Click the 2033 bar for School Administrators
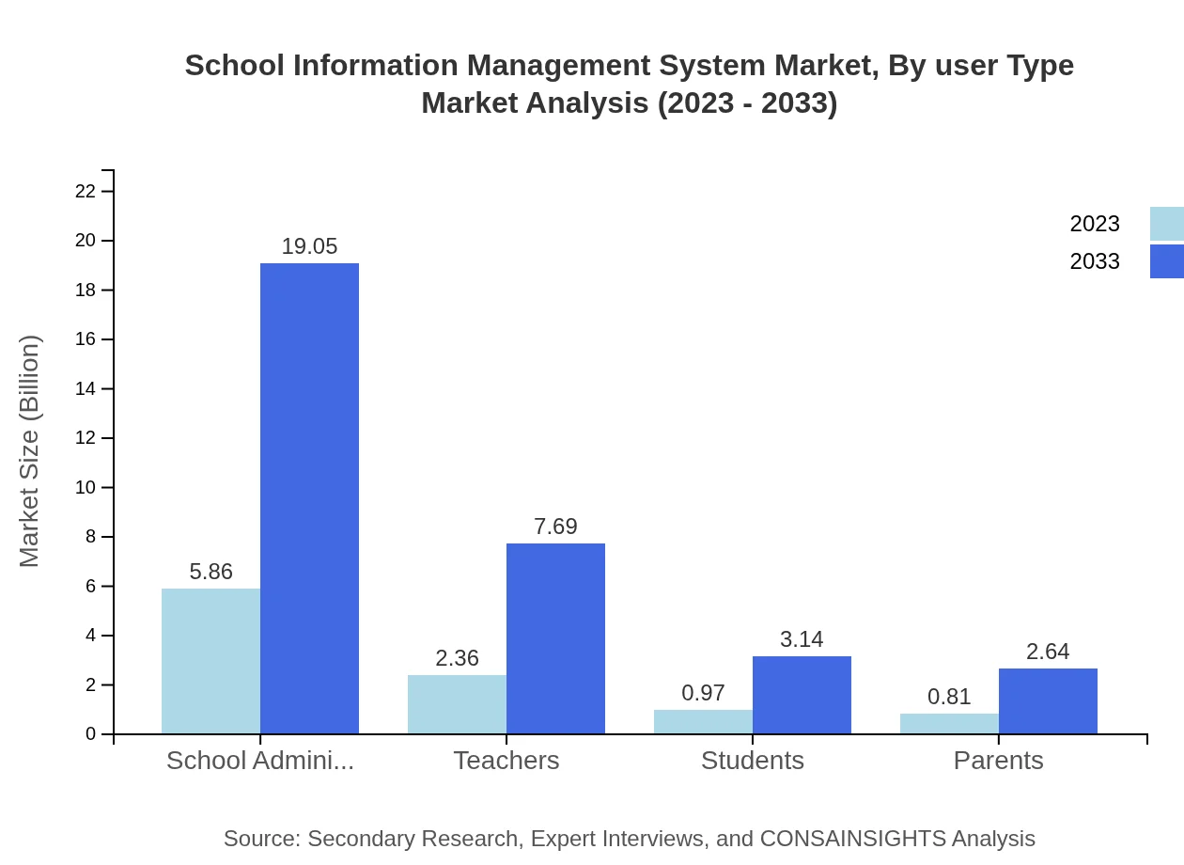coord(309,498)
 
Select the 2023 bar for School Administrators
coord(210,661)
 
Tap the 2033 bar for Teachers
coord(555,638)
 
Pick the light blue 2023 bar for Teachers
coord(457,704)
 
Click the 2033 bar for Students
coord(802,695)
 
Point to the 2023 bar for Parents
coord(949,724)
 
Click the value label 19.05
coord(309,246)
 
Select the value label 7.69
coord(555,527)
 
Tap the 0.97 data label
coord(703,693)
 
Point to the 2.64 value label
coord(1048,652)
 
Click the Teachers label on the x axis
coord(506,761)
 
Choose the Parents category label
coord(998,761)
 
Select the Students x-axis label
coord(753,761)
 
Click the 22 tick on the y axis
coord(86,192)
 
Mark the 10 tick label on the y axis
coord(86,488)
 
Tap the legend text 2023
coord(1095,224)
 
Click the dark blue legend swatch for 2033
coord(1166,261)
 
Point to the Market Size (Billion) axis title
coord(30,451)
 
